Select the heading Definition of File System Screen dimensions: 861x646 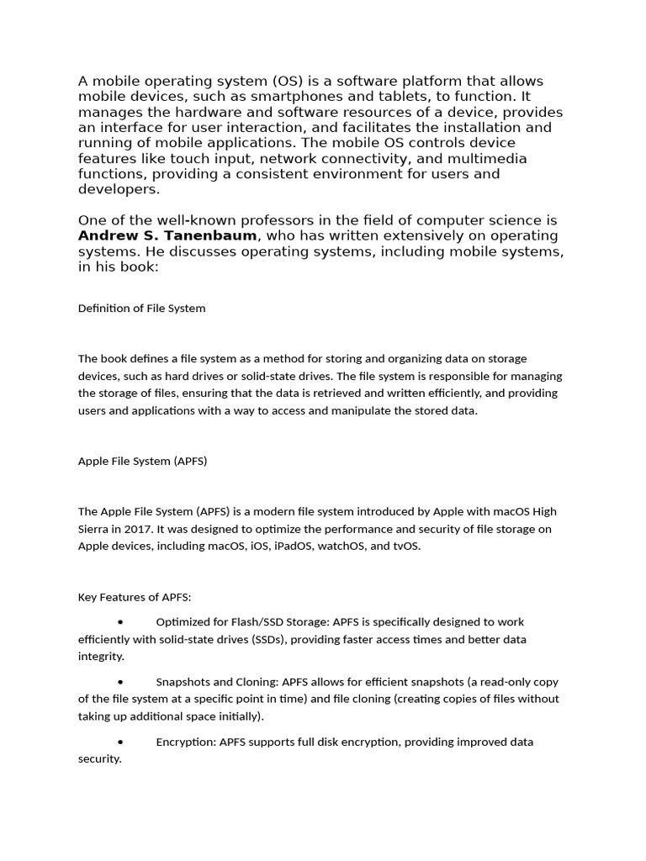click(x=141, y=308)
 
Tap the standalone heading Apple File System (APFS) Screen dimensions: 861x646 click(x=142, y=461)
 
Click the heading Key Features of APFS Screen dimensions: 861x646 click(x=135, y=597)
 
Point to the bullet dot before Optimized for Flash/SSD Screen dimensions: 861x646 click(x=121, y=622)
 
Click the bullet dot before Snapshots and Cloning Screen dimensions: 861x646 click(x=121, y=682)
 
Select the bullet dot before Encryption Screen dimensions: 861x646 click(x=121, y=742)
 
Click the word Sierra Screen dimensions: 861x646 click(x=94, y=529)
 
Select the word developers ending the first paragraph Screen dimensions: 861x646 click(x=117, y=190)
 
